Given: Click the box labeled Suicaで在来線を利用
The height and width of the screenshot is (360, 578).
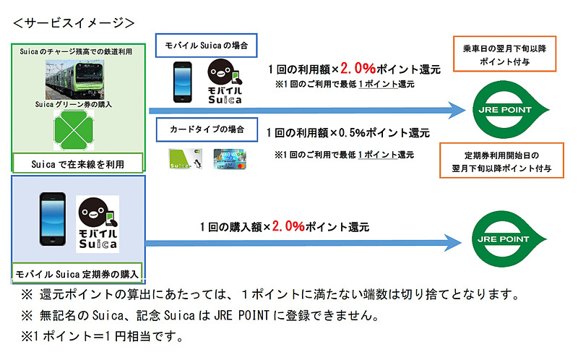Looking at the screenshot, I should [78, 164].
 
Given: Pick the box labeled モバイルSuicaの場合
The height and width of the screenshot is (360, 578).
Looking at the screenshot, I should [206, 44].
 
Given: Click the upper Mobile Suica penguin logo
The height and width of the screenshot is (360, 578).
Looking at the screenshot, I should [225, 81].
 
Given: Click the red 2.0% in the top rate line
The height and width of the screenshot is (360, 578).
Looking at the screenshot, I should [358, 70].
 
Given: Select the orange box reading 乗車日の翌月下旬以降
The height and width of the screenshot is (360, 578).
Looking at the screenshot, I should [504, 54].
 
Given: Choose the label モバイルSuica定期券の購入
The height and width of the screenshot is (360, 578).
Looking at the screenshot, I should [79, 274].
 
